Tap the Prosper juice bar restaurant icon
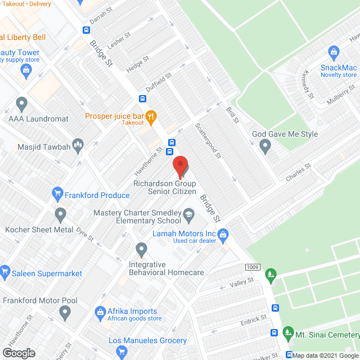(x=151, y=116)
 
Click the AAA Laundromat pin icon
(x=22, y=104)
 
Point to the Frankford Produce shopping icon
(x=57, y=195)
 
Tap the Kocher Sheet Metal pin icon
(x=60, y=215)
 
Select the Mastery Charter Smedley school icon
(x=189, y=213)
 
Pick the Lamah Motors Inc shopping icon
(x=223, y=233)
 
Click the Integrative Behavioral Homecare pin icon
(x=141, y=249)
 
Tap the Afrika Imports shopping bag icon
(x=100, y=312)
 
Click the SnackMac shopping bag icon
(x=334, y=53)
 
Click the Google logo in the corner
(x=18, y=353)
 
